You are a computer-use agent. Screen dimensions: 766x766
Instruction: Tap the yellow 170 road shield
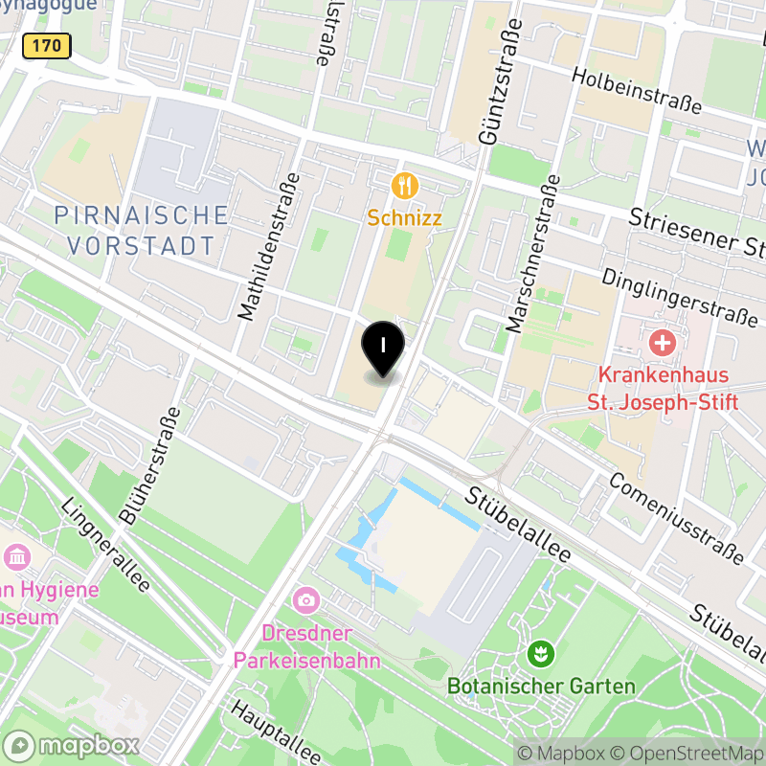click(x=46, y=45)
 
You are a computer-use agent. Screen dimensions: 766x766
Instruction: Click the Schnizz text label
click(x=405, y=218)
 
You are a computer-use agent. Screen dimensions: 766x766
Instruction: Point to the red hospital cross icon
click(x=662, y=342)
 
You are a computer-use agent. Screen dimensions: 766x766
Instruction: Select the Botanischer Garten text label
click(x=541, y=687)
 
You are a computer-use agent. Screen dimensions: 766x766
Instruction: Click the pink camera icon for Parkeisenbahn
click(x=306, y=600)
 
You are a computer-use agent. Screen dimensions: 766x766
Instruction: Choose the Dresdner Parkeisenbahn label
click(x=307, y=647)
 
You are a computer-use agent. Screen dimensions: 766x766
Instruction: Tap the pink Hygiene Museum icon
click(x=17, y=556)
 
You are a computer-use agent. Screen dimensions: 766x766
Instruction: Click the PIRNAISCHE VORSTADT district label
click(x=141, y=230)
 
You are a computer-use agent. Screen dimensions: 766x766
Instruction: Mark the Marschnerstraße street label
click(x=533, y=255)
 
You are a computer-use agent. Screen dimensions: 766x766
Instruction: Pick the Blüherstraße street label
click(x=151, y=464)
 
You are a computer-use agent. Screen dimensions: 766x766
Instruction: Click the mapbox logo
click(x=73, y=745)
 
